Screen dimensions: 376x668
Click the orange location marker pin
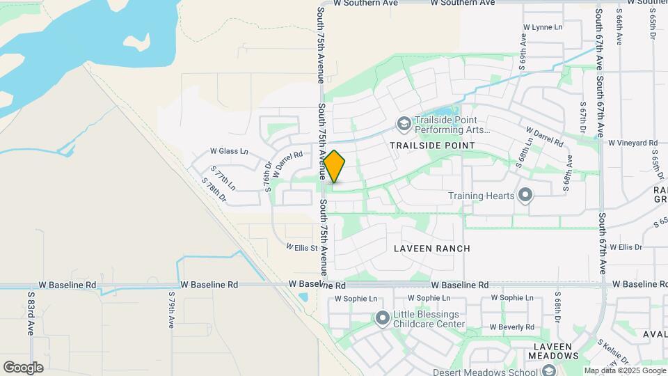(x=334, y=166)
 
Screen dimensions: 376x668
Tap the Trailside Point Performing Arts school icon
(x=404, y=124)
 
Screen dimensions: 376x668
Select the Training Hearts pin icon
(x=526, y=196)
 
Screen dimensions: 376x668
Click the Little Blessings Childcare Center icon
(x=382, y=319)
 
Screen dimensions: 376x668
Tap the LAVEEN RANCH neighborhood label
(x=431, y=249)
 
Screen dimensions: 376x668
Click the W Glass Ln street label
(x=229, y=151)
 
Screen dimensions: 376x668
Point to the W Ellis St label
(x=302, y=247)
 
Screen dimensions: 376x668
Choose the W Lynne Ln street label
(x=542, y=27)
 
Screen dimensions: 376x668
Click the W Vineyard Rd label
(x=633, y=143)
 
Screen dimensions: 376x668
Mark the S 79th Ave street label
(x=171, y=310)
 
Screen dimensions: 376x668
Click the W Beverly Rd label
(x=511, y=327)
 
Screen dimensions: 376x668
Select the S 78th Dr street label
(x=214, y=190)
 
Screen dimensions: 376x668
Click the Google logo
(x=23, y=367)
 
